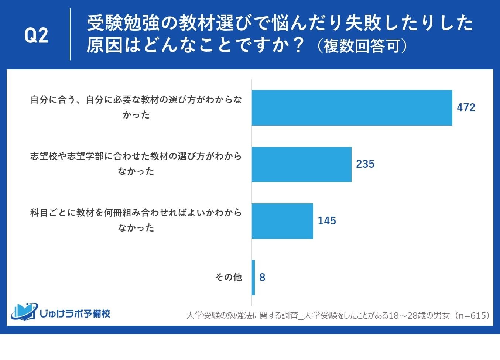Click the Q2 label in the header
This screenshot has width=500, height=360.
click(36, 36)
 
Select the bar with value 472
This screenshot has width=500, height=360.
click(352, 107)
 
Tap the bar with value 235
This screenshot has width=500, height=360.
click(301, 164)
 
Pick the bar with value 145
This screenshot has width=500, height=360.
click(282, 221)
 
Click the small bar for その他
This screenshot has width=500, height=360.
click(253, 277)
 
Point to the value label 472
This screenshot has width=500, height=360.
click(466, 107)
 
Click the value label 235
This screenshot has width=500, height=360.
click(365, 164)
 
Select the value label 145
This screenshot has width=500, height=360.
click(327, 221)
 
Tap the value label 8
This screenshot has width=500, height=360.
click(262, 277)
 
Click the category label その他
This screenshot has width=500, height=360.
click(228, 277)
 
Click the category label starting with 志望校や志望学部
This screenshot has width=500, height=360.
click(136, 164)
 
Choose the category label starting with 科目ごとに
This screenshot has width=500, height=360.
click(136, 220)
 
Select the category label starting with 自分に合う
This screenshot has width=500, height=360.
click(136, 107)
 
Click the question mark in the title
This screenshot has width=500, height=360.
click(298, 45)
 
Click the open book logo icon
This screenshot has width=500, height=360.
click(24, 312)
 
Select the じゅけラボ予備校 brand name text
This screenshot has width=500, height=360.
click(75, 313)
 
